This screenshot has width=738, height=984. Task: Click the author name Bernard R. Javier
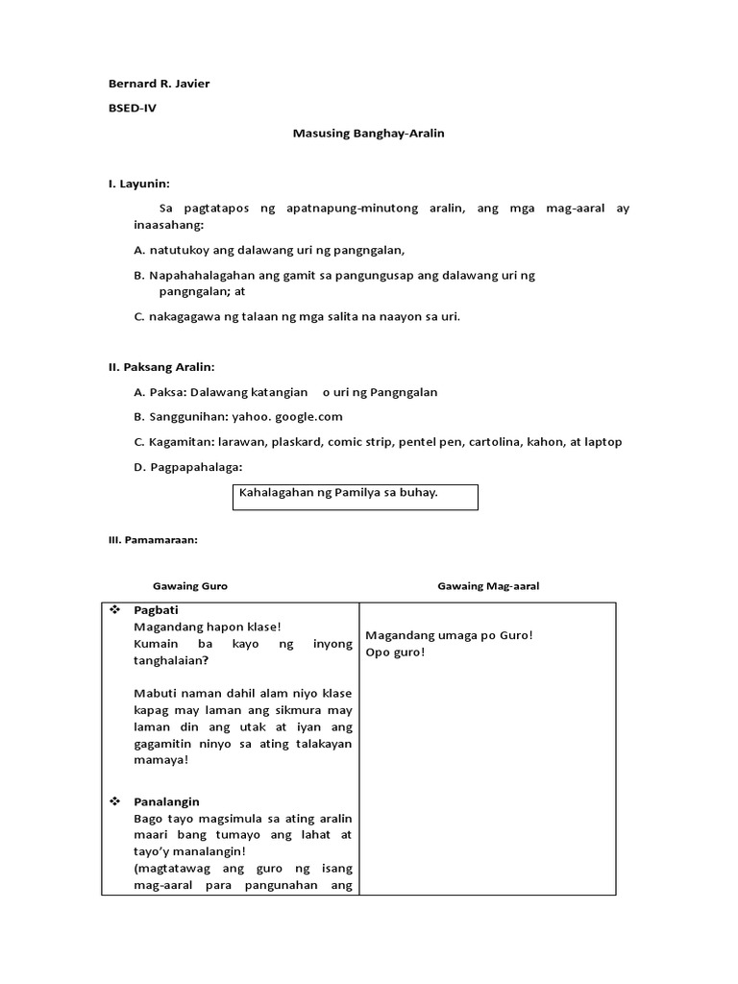click(x=159, y=84)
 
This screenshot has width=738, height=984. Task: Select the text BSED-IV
click(x=133, y=109)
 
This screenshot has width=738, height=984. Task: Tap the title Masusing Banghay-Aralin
click(x=368, y=134)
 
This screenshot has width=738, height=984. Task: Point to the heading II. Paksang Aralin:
click(x=161, y=367)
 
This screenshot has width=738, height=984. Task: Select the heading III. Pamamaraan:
click(x=153, y=540)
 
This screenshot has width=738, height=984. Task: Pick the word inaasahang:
click(x=170, y=225)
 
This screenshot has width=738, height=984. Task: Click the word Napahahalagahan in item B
click(x=200, y=275)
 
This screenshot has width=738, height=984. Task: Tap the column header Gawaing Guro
click(x=190, y=586)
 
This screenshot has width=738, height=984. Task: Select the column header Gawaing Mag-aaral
click(x=488, y=586)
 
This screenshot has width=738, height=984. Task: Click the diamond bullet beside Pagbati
click(x=114, y=610)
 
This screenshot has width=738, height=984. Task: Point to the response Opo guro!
click(x=395, y=652)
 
